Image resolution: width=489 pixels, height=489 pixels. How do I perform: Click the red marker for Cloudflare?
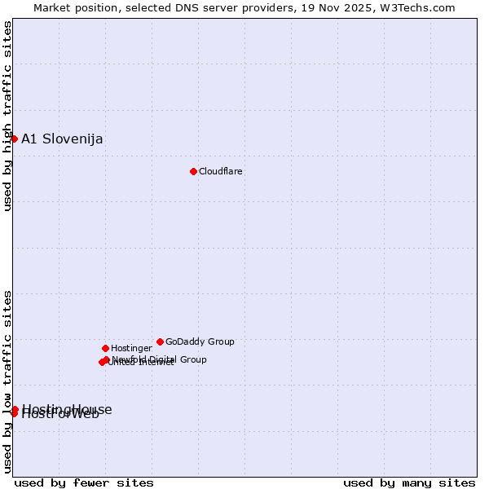pos(193,171)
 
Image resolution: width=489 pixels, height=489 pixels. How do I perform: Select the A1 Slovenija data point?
pos(14,139)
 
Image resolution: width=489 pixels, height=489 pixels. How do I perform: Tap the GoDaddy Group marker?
pos(160,341)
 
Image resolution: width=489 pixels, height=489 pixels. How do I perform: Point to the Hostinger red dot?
pos(105,348)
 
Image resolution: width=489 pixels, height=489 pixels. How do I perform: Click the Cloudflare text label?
pos(221,171)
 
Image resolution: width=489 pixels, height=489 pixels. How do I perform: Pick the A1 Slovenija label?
pos(62,139)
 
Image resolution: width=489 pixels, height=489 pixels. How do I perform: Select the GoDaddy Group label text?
pos(200,341)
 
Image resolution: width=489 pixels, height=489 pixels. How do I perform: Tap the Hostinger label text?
pos(131,348)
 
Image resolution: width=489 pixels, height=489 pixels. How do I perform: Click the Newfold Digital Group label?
pos(159,359)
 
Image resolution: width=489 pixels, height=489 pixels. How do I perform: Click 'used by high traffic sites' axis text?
pos(7,115)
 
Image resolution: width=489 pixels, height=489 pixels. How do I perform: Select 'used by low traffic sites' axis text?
pos(7,381)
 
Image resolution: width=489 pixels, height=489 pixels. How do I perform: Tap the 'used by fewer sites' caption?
pos(84,482)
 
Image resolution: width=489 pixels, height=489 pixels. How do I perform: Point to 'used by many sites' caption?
pos(409,482)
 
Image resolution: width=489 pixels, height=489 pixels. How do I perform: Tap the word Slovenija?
pos(73,139)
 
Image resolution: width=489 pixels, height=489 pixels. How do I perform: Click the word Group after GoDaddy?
pos(221,341)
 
